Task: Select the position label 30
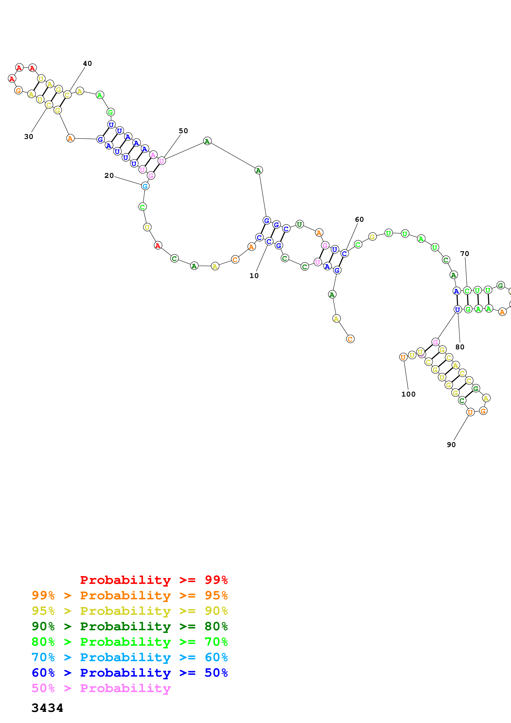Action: click(29, 136)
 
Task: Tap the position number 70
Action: click(464, 254)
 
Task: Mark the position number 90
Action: click(451, 444)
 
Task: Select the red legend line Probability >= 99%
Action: click(154, 580)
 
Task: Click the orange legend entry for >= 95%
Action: click(130, 595)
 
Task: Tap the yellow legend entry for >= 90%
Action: click(130, 611)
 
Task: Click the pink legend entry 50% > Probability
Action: click(101, 688)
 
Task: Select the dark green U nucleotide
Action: click(300, 224)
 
